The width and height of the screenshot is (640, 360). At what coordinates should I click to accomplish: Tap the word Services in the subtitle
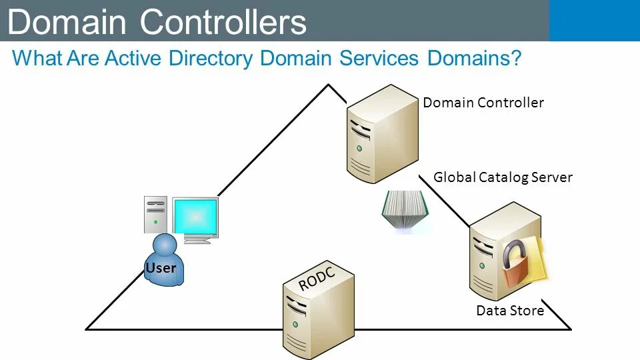[379, 58]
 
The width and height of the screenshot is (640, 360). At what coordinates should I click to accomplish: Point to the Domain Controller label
[483, 103]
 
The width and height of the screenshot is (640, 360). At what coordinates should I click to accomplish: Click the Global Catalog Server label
[503, 177]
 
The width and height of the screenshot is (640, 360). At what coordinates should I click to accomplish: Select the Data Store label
[510, 311]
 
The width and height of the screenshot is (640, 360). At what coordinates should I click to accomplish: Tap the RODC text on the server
[316, 277]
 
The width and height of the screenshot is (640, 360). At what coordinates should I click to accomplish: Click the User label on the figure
[161, 268]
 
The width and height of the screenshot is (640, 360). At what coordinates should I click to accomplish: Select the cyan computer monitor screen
[195, 216]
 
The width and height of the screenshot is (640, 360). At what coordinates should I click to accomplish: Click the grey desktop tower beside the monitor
[155, 215]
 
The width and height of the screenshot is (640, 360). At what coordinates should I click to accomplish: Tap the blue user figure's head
[165, 244]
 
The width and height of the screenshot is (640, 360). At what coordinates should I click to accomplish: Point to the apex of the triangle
[327, 85]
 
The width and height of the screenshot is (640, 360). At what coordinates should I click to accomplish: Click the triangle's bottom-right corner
[570, 328]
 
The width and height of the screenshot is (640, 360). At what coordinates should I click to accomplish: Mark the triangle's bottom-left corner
[87, 328]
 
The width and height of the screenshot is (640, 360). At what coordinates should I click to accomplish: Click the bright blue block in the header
[594, 20]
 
